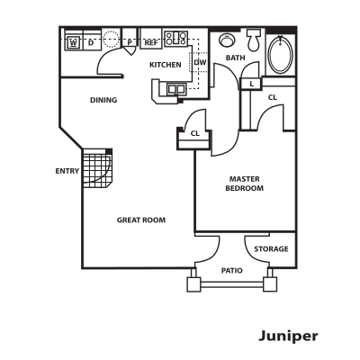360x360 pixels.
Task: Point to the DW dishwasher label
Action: click(x=201, y=62)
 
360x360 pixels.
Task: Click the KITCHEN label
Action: click(x=166, y=65)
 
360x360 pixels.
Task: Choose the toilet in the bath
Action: click(x=254, y=40)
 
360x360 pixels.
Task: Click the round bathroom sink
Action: click(x=226, y=40)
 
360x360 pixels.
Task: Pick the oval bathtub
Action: click(x=280, y=55)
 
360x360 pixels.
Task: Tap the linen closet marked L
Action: click(x=251, y=84)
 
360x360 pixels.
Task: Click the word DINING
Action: click(x=103, y=100)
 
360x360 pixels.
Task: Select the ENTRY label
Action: click(x=67, y=171)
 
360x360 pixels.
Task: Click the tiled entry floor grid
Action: click(x=97, y=168)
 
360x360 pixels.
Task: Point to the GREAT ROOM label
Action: click(x=141, y=220)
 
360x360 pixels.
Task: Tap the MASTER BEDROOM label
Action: click(x=245, y=184)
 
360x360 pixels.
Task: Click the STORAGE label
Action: click(x=271, y=249)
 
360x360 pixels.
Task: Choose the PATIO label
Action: click(x=232, y=271)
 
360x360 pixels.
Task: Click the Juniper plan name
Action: click(x=288, y=337)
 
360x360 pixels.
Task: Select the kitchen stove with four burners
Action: click(x=176, y=39)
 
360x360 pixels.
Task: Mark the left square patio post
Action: click(x=193, y=284)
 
